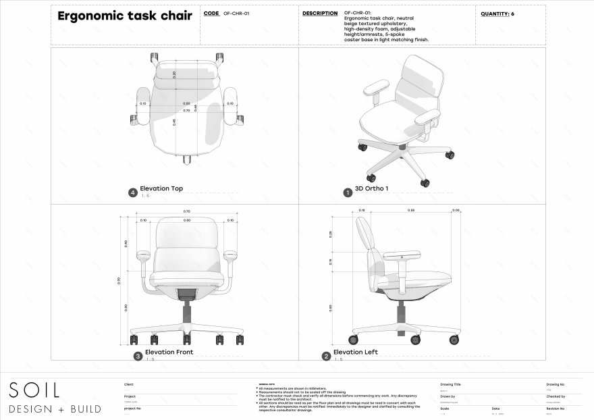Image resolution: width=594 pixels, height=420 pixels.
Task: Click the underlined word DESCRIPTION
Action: (x=320, y=14)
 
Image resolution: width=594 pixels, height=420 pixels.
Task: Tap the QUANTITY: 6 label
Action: (x=497, y=14)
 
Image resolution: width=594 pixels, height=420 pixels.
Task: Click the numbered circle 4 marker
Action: (x=133, y=192)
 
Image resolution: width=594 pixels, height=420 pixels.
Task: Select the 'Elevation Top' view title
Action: (x=161, y=189)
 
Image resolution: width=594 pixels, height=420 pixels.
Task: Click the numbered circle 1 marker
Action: (x=348, y=192)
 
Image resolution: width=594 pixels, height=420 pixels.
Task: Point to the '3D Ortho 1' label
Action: (x=372, y=189)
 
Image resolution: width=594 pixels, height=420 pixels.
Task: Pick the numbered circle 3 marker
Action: (x=138, y=355)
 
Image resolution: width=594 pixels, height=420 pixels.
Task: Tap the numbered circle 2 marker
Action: (x=326, y=355)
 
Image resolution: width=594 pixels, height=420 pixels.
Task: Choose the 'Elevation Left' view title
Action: (x=356, y=352)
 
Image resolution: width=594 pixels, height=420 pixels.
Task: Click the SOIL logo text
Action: (x=34, y=390)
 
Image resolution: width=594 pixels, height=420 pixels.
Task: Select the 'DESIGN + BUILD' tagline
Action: (x=55, y=409)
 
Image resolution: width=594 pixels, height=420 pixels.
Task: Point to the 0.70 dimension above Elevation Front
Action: (x=187, y=212)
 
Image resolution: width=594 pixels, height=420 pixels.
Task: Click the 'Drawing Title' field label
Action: (x=450, y=384)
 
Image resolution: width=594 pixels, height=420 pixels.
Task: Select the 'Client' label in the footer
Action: (x=129, y=384)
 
